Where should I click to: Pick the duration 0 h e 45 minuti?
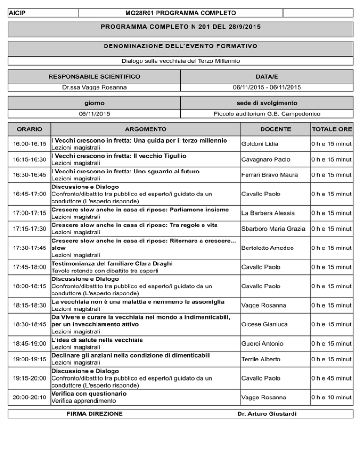tap(334, 378)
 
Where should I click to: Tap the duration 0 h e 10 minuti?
tap(334, 398)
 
